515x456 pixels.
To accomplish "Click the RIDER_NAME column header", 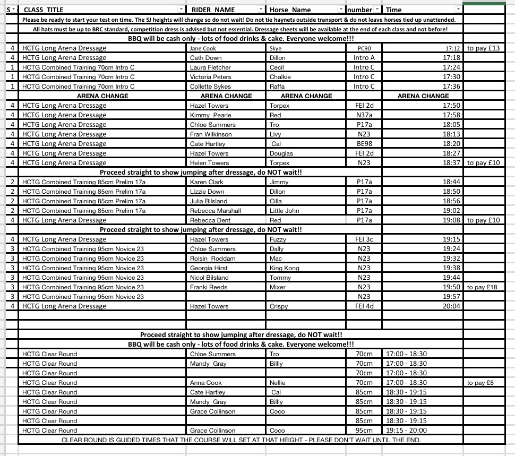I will tap(213, 10).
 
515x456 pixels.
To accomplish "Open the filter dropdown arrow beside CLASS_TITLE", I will tap(181, 10).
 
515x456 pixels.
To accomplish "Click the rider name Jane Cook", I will tap(203, 48).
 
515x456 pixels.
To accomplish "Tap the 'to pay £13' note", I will tap(483, 48).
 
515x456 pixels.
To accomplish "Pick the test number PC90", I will tap(364, 48).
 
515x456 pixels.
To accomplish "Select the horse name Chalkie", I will tap(280, 77).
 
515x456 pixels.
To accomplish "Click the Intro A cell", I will tap(364, 58).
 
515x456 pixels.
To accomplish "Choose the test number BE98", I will tap(364, 144).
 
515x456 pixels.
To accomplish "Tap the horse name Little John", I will tap(284, 211).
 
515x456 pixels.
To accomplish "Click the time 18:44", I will tap(452, 182).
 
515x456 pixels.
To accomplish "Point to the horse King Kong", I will tap(284, 268).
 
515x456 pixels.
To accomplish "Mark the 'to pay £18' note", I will tap(483, 287).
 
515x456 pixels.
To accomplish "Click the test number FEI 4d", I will tap(364, 306).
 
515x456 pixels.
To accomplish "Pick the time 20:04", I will tap(452, 306).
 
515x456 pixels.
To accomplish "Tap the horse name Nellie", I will tap(277, 383).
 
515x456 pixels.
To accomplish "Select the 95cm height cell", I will tap(364, 431).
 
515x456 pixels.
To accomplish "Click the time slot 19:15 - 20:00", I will tap(406, 431).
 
